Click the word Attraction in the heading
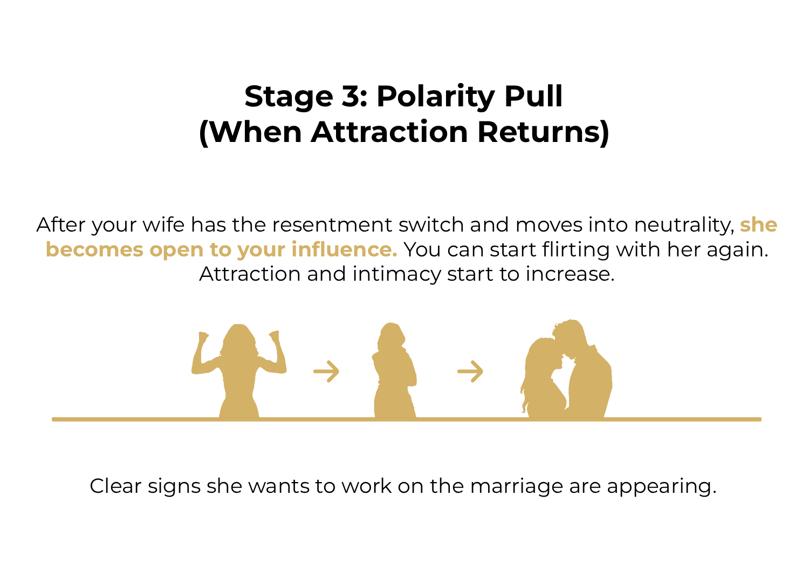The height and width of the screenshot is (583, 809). (389, 132)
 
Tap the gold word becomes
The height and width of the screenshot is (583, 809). (94, 249)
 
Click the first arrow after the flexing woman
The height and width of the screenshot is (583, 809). (326, 371)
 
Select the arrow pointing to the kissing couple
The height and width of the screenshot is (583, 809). (470, 371)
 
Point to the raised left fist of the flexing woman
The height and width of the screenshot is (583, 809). (203, 337)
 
